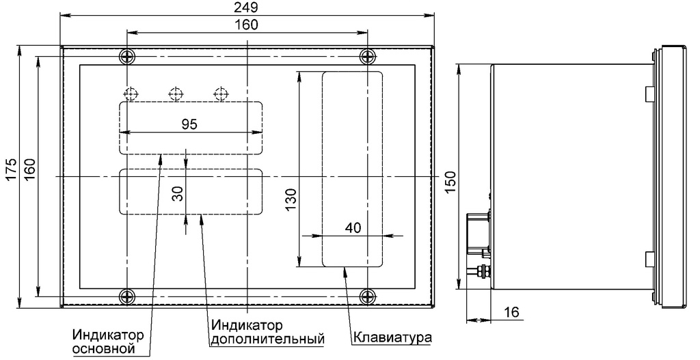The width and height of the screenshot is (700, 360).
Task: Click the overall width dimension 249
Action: click(245, 8)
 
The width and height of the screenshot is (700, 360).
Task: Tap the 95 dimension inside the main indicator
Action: click(189, 124)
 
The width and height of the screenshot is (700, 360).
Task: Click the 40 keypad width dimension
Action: click(353, 228)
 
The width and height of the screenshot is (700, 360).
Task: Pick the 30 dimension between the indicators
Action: click(178, 193)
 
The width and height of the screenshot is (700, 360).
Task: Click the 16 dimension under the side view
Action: click(511, 312)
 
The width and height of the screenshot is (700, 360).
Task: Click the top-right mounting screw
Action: click(368, 56)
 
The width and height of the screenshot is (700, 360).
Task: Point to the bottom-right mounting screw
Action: click(368, 296)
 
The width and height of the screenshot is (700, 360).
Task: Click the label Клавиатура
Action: click(392, 338)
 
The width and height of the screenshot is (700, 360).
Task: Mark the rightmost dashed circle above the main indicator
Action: click(219, 94)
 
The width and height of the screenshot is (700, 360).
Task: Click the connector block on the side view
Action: click(479, 232)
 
